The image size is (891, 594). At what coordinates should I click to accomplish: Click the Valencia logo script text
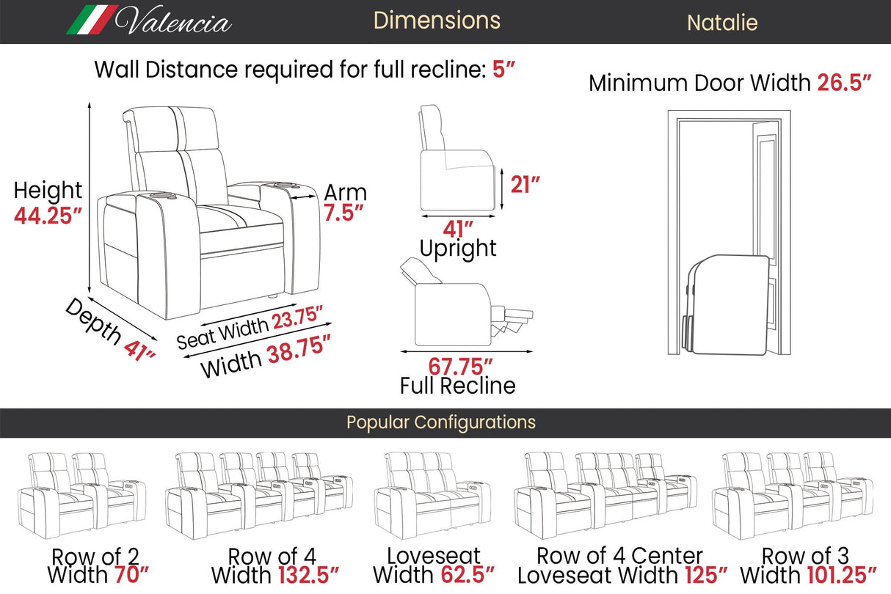point(173,20)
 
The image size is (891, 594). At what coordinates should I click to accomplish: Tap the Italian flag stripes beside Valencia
point(92,20)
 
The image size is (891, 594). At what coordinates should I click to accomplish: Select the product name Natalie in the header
point(722,23)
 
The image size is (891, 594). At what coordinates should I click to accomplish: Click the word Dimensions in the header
point(437,21)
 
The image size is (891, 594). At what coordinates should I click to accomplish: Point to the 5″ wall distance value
point(503,69)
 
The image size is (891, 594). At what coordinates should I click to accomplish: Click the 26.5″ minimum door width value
point(844,83)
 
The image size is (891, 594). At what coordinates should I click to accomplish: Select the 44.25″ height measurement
point(48,216)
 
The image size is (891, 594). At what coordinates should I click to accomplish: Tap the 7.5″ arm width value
point(343,213)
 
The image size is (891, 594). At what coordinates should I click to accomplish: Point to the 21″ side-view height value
point(525,185)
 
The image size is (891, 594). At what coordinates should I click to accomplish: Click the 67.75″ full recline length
point(460,366)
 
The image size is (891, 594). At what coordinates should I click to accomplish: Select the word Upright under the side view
point(458,249)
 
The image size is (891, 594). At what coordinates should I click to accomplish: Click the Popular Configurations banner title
point(440,422)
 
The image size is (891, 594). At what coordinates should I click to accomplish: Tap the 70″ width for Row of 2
point(131,574)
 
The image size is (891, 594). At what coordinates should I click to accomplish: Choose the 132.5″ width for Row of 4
point(308,575)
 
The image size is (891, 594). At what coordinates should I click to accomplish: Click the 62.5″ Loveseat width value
point(468,574)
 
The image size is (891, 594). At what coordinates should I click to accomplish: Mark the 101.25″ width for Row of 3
point(842,575)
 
